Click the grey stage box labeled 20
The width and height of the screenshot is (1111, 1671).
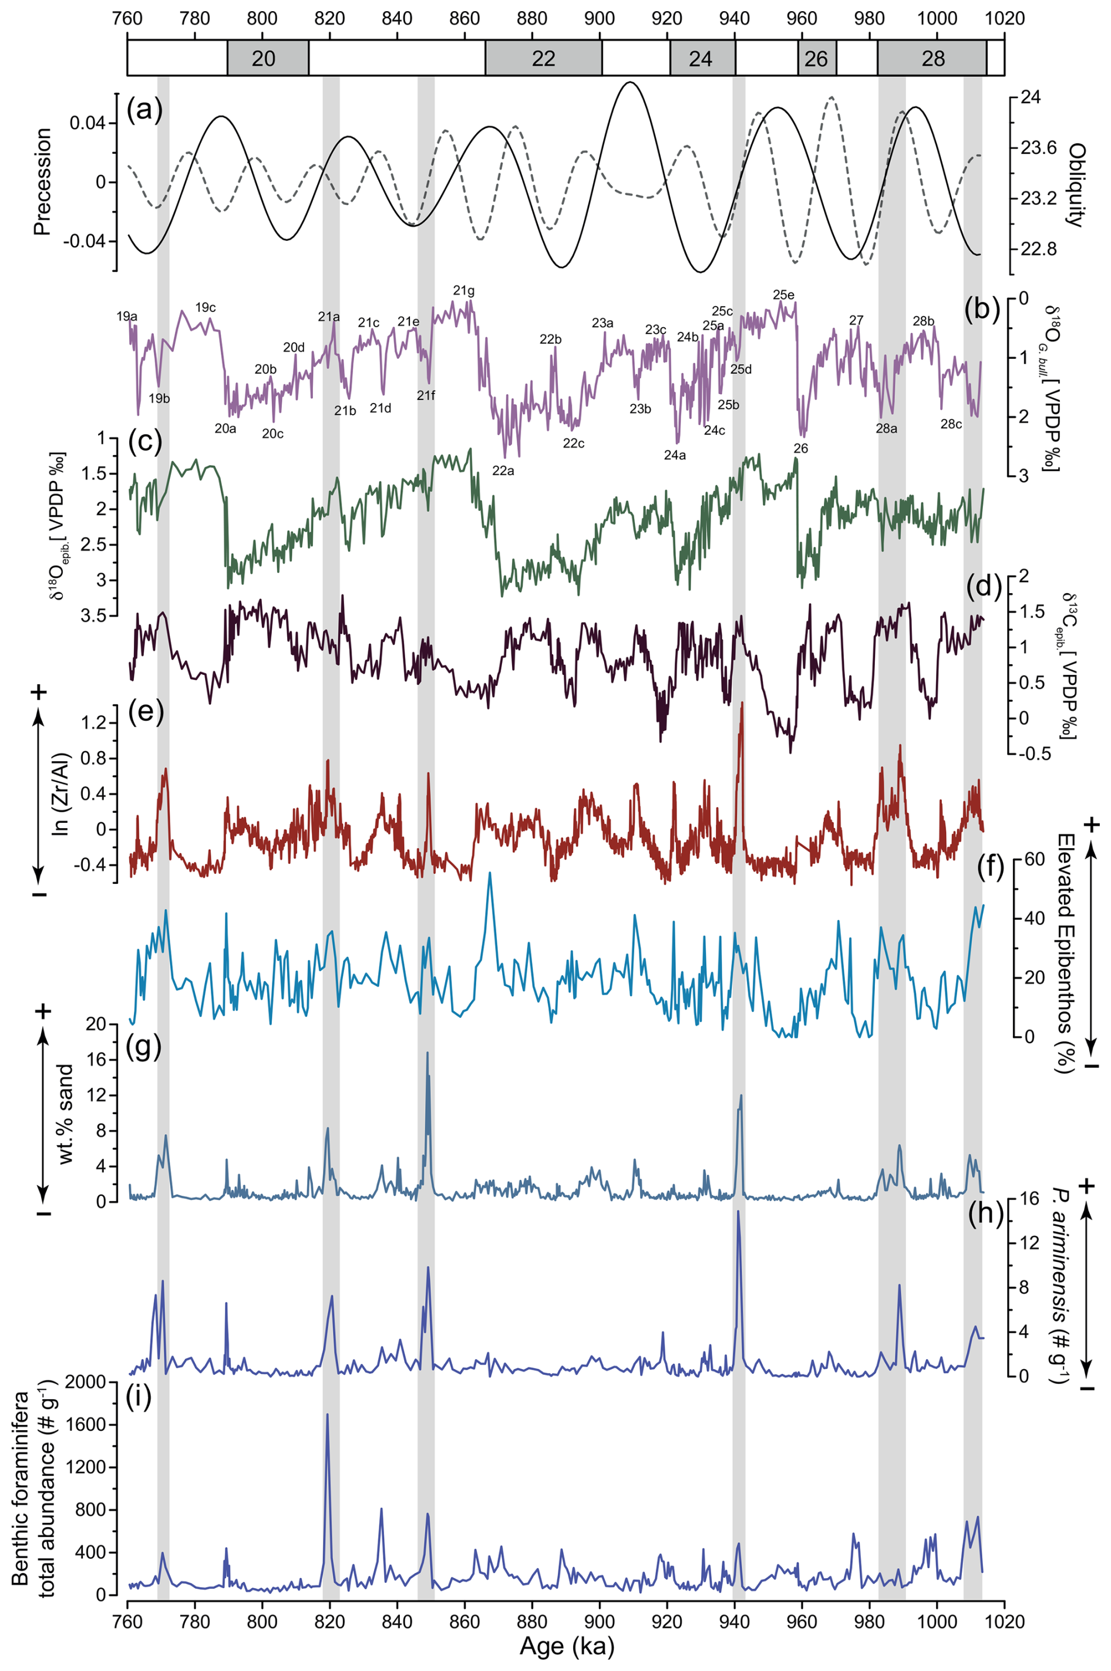(x=264, y=58)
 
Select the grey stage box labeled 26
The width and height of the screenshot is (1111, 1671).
(x=816, y=58)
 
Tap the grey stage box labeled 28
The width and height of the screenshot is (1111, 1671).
(x=932, y=58)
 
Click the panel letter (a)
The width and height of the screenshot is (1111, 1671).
(x=144, y=109)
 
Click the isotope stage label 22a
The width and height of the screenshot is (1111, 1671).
(x=503, y=470)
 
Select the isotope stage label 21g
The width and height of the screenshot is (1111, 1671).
(x=464, y=291)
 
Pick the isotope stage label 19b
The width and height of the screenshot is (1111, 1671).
(x=159, y=398)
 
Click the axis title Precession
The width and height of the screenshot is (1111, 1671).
(x=42, y=181)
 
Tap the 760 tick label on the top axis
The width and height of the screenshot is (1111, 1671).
(x=127, y=17)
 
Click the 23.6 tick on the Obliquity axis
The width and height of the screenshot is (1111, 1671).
(x=1038, y=148)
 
